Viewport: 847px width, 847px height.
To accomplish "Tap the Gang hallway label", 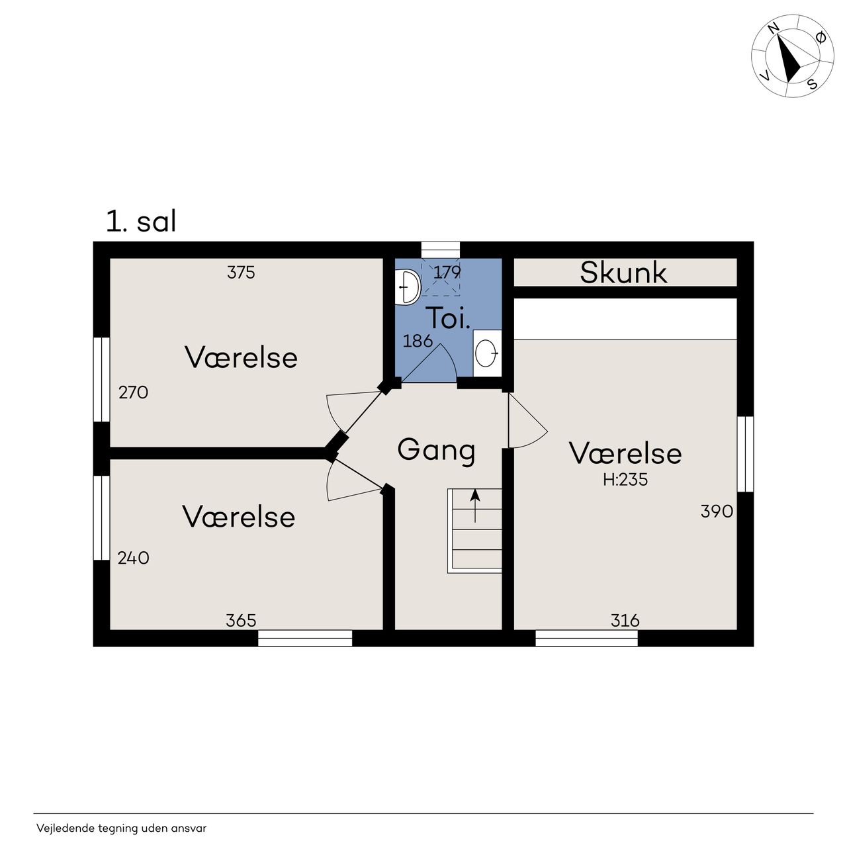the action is coord(436,450).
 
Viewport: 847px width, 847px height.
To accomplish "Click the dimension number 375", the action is coord(241,273).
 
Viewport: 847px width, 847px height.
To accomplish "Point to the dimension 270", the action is coord(133,392).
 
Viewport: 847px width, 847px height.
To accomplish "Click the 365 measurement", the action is coord(241,621).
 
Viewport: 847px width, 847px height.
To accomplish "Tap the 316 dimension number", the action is coord(625,621).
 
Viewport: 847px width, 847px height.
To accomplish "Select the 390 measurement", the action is coord(717,512).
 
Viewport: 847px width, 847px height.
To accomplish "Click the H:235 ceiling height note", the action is coord(625,480).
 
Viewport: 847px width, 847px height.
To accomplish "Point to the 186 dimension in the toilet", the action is coord(418,341).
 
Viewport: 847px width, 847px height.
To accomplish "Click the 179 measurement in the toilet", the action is coord(447,273).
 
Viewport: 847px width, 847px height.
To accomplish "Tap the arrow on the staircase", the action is coord(474,506).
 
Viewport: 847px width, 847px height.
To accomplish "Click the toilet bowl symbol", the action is coord(408,287).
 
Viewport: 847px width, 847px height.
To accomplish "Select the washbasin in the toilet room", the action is coord(487,353).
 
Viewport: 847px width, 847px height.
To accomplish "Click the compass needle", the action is coord(789,59).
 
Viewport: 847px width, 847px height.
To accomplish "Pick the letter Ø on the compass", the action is coord(820,38).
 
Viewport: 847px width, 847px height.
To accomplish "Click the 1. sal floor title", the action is coord(141,221).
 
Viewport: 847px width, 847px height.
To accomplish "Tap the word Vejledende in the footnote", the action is coord(66,828).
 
